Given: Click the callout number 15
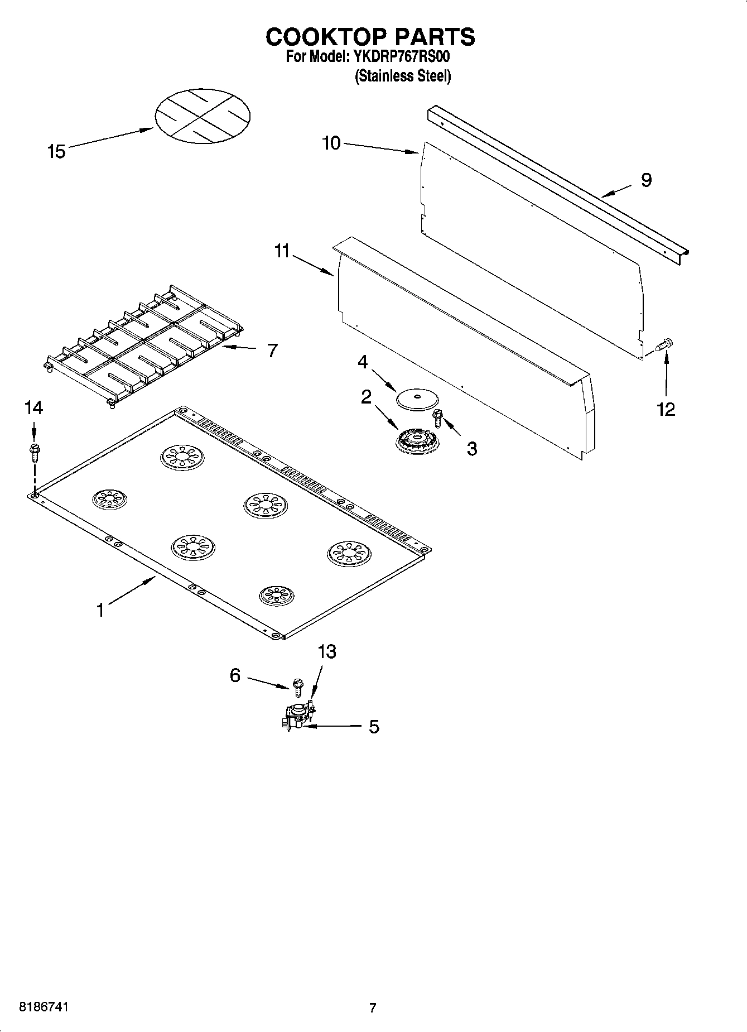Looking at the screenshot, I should (56, 151).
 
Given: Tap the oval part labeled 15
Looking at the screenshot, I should (202, 115).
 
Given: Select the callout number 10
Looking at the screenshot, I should (331, 143).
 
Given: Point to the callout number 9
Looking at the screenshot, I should (646, 180).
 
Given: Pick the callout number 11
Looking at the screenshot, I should (282, 252).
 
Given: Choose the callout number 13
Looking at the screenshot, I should (327, 651).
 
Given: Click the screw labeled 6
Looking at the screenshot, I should (297, 686).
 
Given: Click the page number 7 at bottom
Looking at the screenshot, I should (373, 1008).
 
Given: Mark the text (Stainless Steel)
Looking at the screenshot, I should (402, 76).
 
